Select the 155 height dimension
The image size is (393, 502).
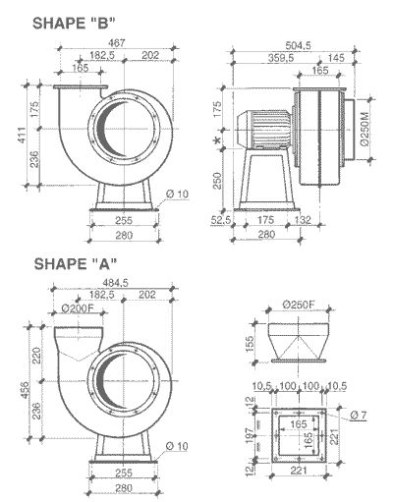(x=251, y=345)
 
